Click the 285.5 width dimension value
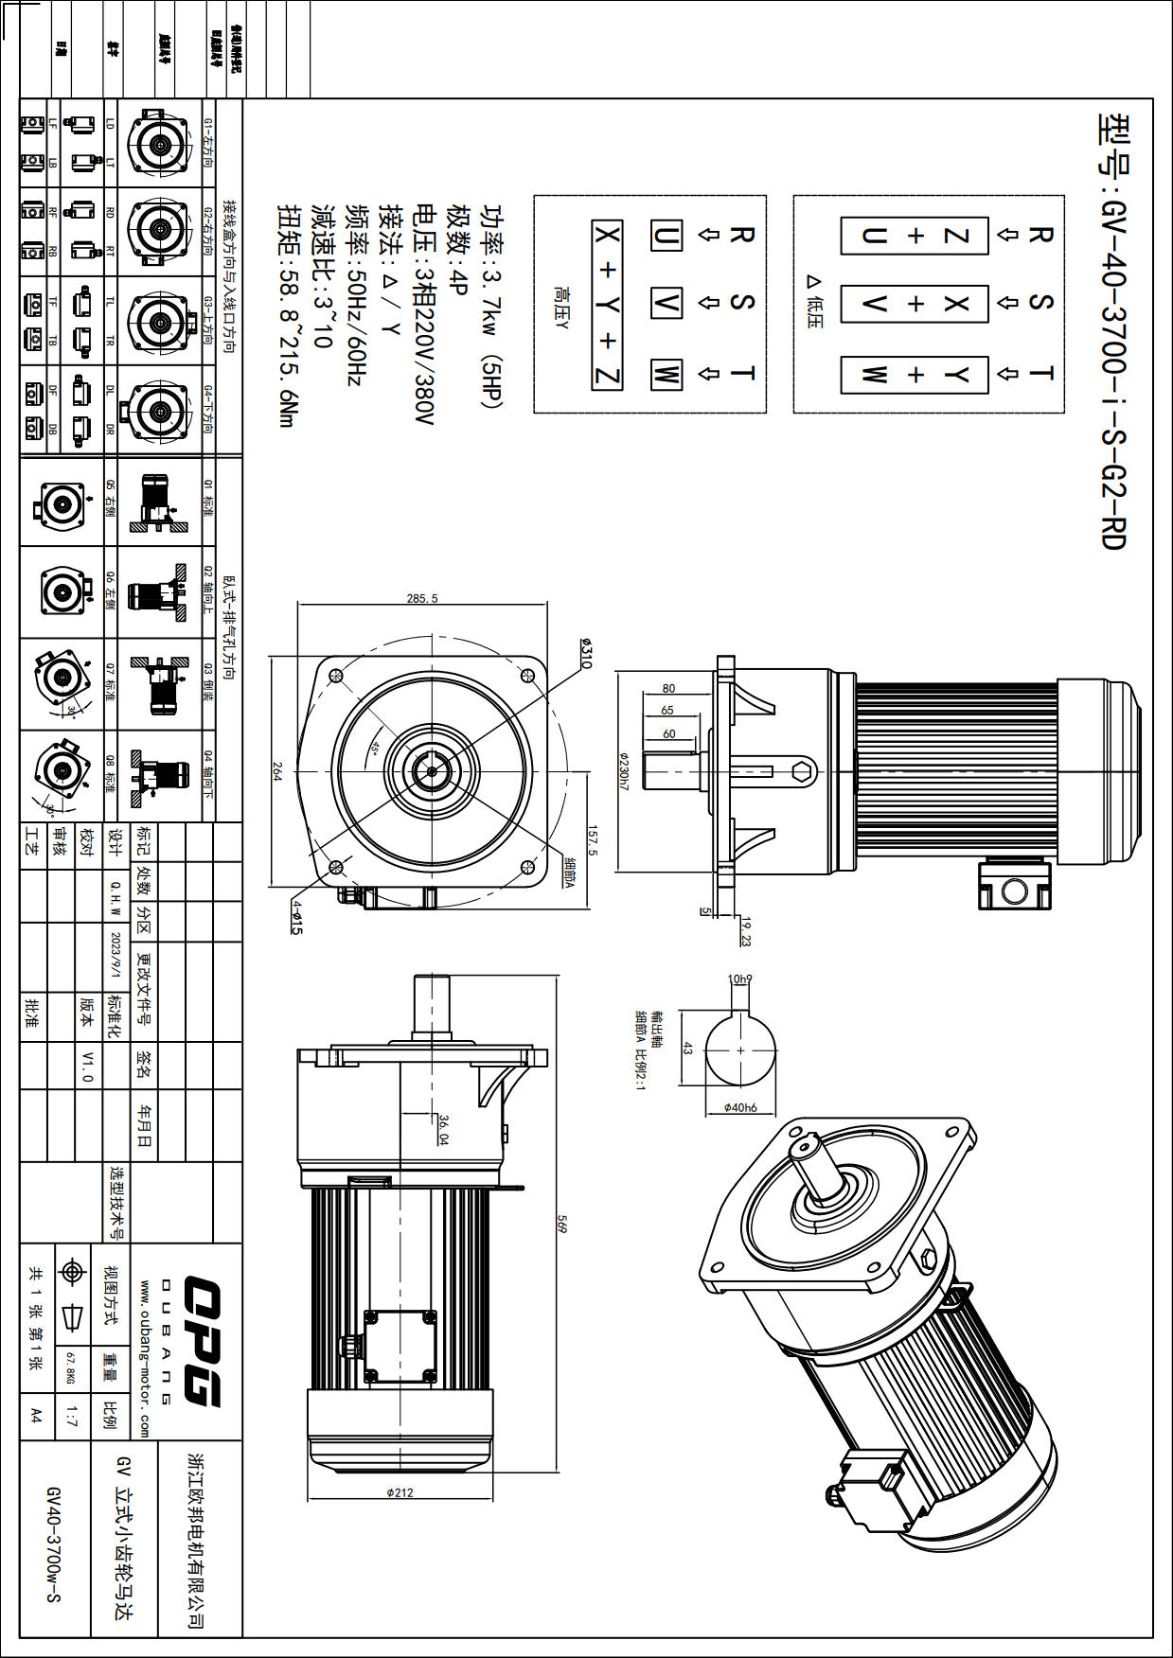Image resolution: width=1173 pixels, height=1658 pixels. point(422,598)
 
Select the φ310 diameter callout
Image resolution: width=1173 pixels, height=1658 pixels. point(586,654)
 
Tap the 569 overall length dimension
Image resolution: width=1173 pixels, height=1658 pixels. point(561,1226)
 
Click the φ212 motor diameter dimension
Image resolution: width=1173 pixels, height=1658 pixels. point(400,1492)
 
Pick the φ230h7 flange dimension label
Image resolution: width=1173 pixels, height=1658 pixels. point(624,771)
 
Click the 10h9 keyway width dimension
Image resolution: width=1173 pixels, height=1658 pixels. point(739,979)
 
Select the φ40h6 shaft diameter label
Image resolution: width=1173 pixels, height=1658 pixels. point(739,1107)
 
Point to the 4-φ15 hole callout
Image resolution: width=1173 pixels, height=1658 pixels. point(297,916)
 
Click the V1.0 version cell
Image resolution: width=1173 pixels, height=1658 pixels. point(87,1066)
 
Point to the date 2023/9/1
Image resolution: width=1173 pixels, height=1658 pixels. point(116,955)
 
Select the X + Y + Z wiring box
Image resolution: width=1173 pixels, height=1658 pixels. point(607,305)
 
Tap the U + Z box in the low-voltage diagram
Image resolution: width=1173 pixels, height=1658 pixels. point(915,236)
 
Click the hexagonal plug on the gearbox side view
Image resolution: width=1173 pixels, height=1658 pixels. point(803,770)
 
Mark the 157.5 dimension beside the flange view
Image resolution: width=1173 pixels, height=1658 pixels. point(594,839)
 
